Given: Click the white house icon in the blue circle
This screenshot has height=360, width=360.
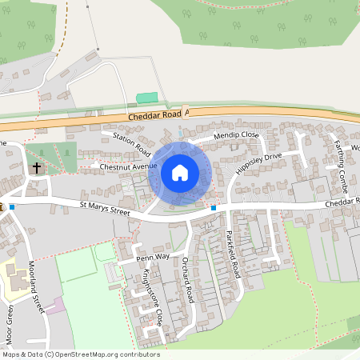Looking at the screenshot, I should pos(180,172).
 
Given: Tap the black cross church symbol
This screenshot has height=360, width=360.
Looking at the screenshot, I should pos(36,168).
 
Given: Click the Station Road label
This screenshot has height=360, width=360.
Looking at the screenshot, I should pos(132,144).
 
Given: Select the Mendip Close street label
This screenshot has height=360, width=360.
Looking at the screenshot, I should pos(236,136).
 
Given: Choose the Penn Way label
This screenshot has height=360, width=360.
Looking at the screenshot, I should pos(153,258).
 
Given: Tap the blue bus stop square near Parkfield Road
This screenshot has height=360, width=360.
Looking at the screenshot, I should pos(214,208).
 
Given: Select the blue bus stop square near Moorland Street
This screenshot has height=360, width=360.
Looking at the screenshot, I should pos(12,206).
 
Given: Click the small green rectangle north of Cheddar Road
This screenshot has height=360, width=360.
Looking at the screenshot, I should pos(147,98).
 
